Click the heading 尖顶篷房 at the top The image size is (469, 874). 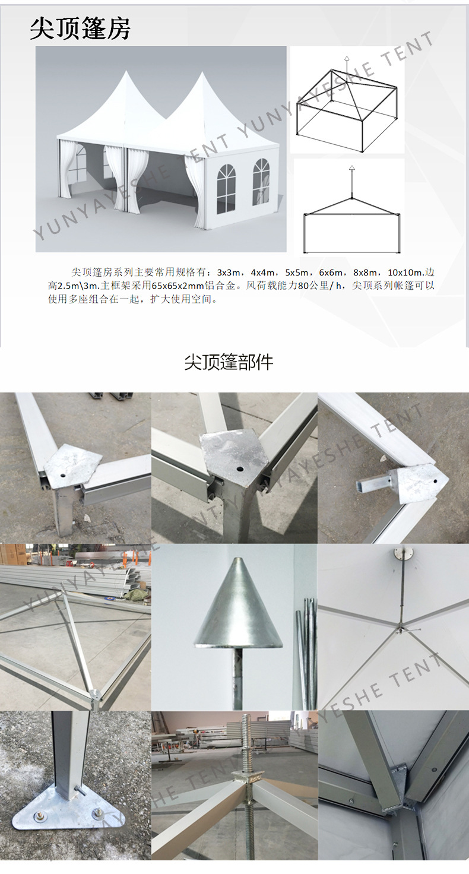click(x=80, y=29)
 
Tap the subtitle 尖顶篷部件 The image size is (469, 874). click(x=229, y=362)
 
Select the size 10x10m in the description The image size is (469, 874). click(x=405, y=272)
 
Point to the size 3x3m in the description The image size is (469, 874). click(x=229, y=272)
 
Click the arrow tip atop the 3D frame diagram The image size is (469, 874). click(x=346, y=58)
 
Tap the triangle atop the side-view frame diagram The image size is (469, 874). click(x=351, y=168)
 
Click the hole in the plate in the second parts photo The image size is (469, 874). click(x=240, y=469)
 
